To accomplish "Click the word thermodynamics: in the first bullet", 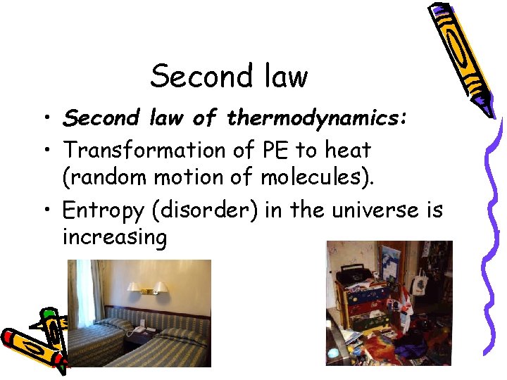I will [x=317, y=119].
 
